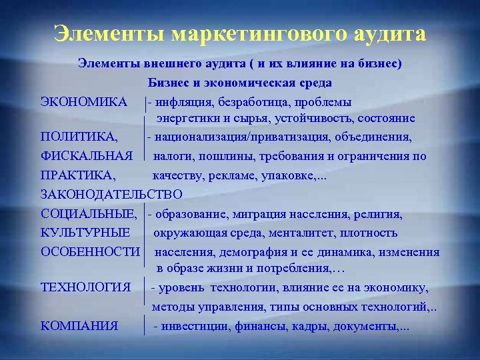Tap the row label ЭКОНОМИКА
pos(84,102)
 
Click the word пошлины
pos(218,157)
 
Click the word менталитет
pos(305,233)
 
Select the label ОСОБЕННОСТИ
pos(91,252)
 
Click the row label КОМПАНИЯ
pos(79,326)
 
